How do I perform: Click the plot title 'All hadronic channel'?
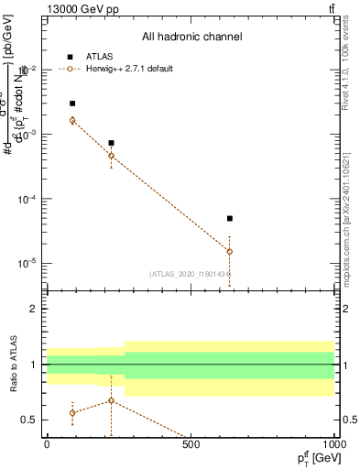(191, 38)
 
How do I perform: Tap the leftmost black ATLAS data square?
(72, 104)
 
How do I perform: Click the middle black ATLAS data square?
(111, 143)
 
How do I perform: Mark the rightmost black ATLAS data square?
(230, 219)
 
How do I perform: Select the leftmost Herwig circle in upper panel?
(72, 120)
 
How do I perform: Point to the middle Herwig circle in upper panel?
(111, 156)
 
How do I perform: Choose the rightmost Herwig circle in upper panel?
(230, 251)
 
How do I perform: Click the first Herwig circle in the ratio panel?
(72, 413)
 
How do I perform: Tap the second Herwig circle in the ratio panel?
(111, 400)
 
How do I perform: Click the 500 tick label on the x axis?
(191, 445)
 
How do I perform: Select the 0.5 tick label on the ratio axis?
(31, 420)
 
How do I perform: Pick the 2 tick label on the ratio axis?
(35, 309)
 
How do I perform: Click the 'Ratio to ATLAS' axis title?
(13, 365)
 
